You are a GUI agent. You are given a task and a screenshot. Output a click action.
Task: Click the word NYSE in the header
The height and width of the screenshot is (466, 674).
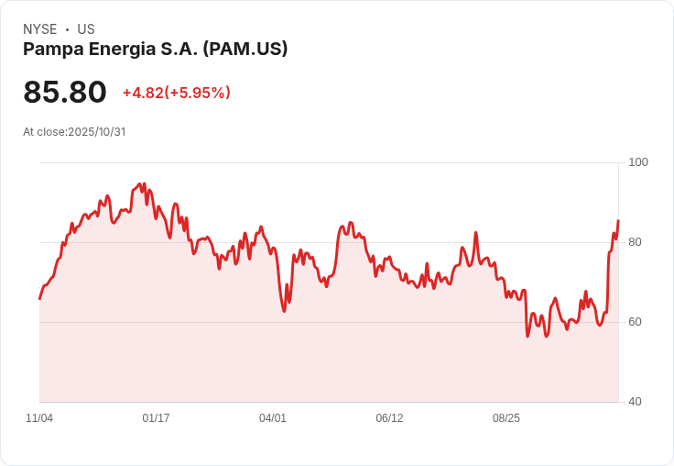pos(40,29)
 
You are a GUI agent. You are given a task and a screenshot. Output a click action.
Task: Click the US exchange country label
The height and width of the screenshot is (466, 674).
pos(86,29)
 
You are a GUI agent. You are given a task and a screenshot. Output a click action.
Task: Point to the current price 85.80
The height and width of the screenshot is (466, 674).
pos(65,92)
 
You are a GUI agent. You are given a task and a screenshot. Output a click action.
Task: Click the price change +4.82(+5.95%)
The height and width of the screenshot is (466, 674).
pos(176,93)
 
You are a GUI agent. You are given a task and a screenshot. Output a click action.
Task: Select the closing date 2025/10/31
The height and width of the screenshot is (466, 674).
pos(96,132)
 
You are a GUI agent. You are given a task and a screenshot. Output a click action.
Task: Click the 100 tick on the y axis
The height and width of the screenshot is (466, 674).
pos(638,162)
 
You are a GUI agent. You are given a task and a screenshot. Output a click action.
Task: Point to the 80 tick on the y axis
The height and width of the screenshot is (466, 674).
pos(635,242)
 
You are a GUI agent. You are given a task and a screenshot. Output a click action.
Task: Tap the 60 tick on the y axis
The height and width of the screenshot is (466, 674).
pos(635,322)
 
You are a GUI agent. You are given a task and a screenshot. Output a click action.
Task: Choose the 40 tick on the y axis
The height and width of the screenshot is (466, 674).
pos(635,402)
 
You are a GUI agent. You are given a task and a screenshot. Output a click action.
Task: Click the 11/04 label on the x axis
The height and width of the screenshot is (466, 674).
pos(39,418)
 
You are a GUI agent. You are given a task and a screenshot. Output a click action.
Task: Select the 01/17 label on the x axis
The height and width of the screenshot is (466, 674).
pos(156,418)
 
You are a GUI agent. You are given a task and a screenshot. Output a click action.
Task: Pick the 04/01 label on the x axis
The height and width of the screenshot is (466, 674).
pos(273,418)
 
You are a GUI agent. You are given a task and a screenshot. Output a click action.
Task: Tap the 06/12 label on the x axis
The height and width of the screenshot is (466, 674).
pos(389,418)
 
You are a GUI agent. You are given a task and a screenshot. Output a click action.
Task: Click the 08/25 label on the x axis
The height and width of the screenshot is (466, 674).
pos(506,418)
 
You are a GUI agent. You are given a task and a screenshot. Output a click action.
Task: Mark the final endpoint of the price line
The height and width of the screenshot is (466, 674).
pos(618,220)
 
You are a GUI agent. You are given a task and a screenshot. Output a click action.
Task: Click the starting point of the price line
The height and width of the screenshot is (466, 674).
pos(39,298)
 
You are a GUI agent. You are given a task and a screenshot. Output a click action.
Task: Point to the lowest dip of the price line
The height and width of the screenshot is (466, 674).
pos(527,336)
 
